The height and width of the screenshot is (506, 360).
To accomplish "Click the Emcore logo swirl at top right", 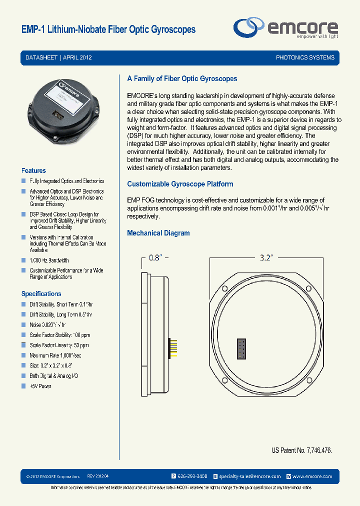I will tap(249, 27).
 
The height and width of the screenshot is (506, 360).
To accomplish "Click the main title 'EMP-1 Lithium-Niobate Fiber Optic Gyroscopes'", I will tap(108, 29).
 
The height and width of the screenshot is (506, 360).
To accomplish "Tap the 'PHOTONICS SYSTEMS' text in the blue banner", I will tap(305, 57).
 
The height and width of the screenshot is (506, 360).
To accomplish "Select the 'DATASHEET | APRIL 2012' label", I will tap(58, 57).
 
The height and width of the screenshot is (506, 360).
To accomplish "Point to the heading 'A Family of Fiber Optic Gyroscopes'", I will tap(182, 78).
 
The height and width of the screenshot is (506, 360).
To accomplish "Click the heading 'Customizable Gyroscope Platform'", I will tap(180, 184).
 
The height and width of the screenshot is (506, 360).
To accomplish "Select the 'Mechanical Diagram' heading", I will tap(158, 233).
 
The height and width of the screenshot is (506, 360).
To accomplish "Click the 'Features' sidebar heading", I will tap(33, 170).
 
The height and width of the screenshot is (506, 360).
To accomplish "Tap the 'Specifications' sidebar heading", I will tap(41, 293).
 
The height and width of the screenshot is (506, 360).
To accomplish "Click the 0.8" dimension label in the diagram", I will tap(155, 258).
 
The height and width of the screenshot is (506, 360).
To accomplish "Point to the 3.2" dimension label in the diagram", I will tap(265, 258).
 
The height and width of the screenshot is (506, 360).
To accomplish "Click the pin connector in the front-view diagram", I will tap(241, 348).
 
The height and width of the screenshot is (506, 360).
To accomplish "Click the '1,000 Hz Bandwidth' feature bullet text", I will tap(49, 260).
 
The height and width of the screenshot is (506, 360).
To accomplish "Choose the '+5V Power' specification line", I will tap(40, 386).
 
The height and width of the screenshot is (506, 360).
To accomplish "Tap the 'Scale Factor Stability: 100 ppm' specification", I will tap(60, 335).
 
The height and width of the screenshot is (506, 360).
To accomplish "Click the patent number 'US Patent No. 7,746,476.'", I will tap(301, 450).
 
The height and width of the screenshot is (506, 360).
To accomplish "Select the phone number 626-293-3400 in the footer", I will tap(192, 476).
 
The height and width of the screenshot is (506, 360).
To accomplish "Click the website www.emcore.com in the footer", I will tap(312, 476).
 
